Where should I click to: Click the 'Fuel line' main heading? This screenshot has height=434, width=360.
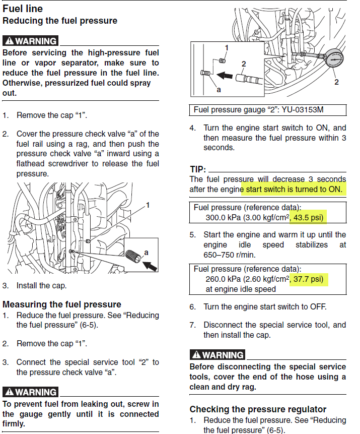(x=23, y=9)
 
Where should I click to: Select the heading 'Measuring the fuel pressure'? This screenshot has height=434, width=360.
(x=62, y=304)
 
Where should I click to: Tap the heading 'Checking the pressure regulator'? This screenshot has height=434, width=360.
(x=258, y=409)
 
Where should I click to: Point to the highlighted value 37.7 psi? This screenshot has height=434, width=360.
(x=309, y=279)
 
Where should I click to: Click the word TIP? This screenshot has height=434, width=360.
(x=198, y=169)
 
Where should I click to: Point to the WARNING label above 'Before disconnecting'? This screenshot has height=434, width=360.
(x=217, y=354)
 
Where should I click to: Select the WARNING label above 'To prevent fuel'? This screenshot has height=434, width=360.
(x=30, y=392)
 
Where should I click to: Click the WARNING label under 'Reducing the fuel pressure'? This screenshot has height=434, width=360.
(x=30, y=41)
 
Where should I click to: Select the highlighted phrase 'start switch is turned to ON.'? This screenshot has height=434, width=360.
(x=294, y=189)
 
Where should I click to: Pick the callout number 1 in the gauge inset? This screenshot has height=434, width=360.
(x=226, y=48)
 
